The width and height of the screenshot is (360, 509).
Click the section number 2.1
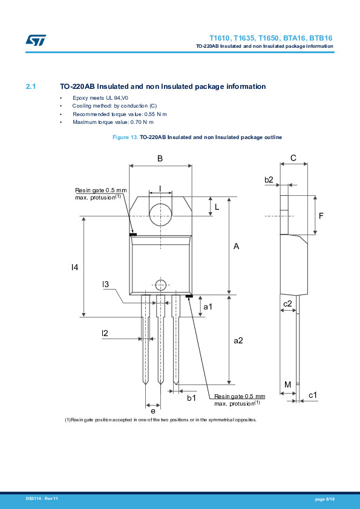31,86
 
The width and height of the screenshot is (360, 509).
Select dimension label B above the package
160,158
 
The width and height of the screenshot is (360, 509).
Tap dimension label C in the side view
293,158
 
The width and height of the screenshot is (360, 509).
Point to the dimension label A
237,247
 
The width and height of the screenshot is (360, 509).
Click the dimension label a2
238,340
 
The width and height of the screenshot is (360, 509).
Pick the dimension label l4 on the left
74,267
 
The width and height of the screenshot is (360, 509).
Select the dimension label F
321,215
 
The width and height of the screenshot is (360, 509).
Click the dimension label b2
269,180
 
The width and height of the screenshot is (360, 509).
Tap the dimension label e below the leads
152,411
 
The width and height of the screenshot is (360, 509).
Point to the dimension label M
287,384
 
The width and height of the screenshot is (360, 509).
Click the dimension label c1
313,395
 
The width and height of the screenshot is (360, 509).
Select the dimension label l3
105,284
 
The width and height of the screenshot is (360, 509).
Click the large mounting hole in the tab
160,215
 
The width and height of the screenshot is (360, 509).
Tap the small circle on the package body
160,285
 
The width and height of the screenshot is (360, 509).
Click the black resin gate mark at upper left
133,234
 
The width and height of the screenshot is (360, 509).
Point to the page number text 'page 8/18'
324,498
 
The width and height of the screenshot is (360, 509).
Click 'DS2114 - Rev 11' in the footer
42,498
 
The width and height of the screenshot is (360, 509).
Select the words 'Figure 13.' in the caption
126,138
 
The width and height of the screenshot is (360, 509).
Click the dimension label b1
191,398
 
